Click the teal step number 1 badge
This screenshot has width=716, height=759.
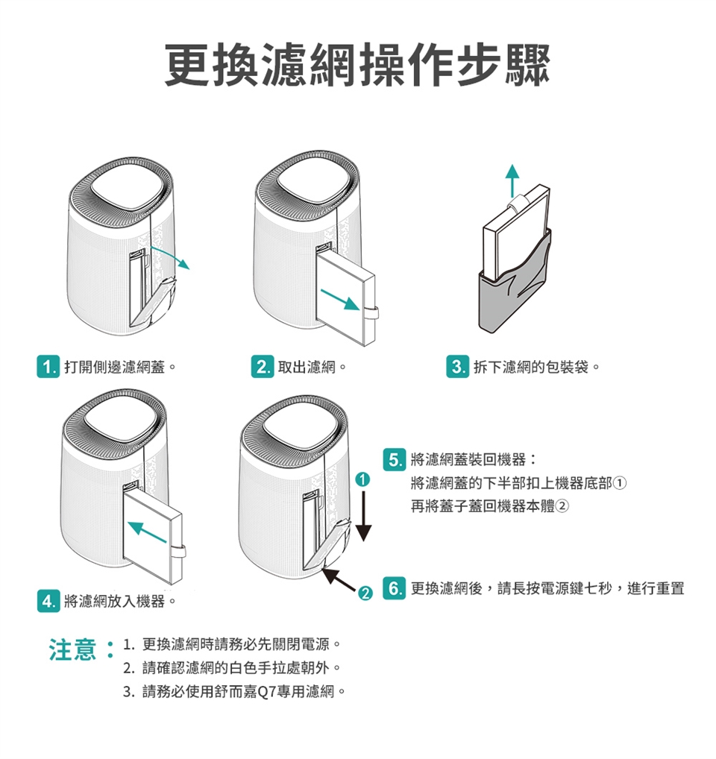(x=48, y=367)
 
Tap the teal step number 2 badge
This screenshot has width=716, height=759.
(x=263, y=367)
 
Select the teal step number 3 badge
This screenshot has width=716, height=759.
(x=457, y=367)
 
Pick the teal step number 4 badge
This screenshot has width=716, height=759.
(x=48, y=601)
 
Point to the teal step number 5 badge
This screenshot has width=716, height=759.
(x=394, y=459)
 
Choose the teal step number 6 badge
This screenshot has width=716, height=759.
(x=394, y=588)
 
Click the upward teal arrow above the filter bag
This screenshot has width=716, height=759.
(x=512, y=180)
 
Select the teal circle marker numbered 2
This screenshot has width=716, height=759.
(x=365, y=593)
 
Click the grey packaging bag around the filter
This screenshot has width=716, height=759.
(x=514, y=291)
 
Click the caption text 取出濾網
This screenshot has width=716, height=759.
(x=307, y=367)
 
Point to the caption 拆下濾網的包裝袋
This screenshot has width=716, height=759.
(x=531, y=367)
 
